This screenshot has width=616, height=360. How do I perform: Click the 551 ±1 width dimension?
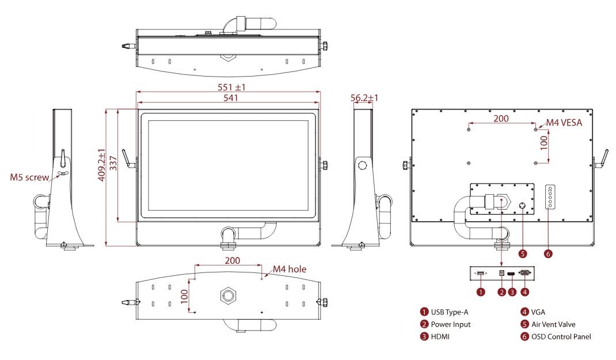(x=231, y=87)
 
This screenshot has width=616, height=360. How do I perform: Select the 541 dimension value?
(x=231, y=97)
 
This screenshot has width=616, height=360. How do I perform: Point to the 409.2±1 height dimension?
(x=101, y=165)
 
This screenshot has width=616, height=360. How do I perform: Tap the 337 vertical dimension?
(x=113, y=162)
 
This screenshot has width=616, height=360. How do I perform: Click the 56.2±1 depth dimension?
(x=364, y=97)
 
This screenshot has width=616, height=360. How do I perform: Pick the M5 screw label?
(x=29, y=177)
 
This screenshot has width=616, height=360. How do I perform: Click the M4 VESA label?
(x=564, y=123)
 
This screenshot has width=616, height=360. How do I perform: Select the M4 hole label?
(x=290, y=269)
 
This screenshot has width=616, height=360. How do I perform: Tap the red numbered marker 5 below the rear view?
(x=523, y=254)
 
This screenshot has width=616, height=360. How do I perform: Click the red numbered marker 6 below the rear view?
(x=549, y=254)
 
